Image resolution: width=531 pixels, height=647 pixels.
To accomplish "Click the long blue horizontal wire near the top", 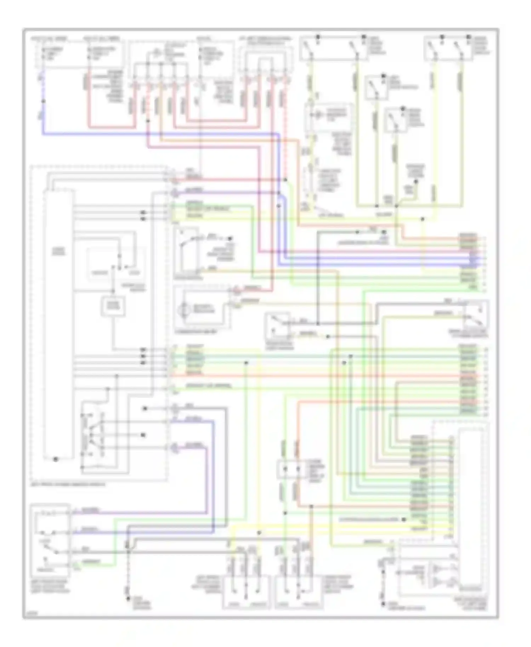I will click(159, 134).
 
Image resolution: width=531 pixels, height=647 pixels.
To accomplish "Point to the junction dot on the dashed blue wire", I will click(43, 101).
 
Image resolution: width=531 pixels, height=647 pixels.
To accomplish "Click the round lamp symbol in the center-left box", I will click(183, 309).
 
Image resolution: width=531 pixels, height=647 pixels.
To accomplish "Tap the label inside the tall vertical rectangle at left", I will click(58, 251).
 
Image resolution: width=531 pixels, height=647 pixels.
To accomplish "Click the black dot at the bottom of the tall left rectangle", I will click(56, 459).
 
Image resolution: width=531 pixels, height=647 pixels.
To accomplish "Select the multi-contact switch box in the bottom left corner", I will click(50, 540).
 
